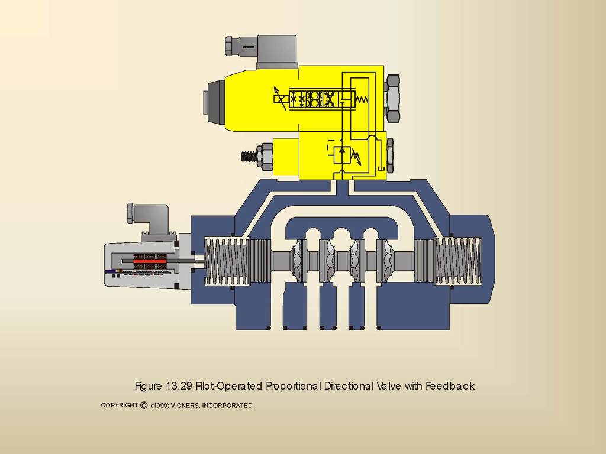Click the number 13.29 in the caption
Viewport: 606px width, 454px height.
coord(179,386)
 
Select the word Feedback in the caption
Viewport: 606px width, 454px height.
coord(450,386)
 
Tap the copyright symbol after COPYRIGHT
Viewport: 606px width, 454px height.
coord(144,405)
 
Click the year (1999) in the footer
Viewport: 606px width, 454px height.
coord(160,406)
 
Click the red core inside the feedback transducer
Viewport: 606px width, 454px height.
coord(150,261)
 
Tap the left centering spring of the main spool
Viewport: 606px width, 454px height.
coord(227,261)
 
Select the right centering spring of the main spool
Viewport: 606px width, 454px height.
coord(459,261)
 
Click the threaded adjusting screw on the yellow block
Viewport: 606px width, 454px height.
coord(249,157)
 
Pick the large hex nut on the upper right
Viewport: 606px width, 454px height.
coord(393,99)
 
